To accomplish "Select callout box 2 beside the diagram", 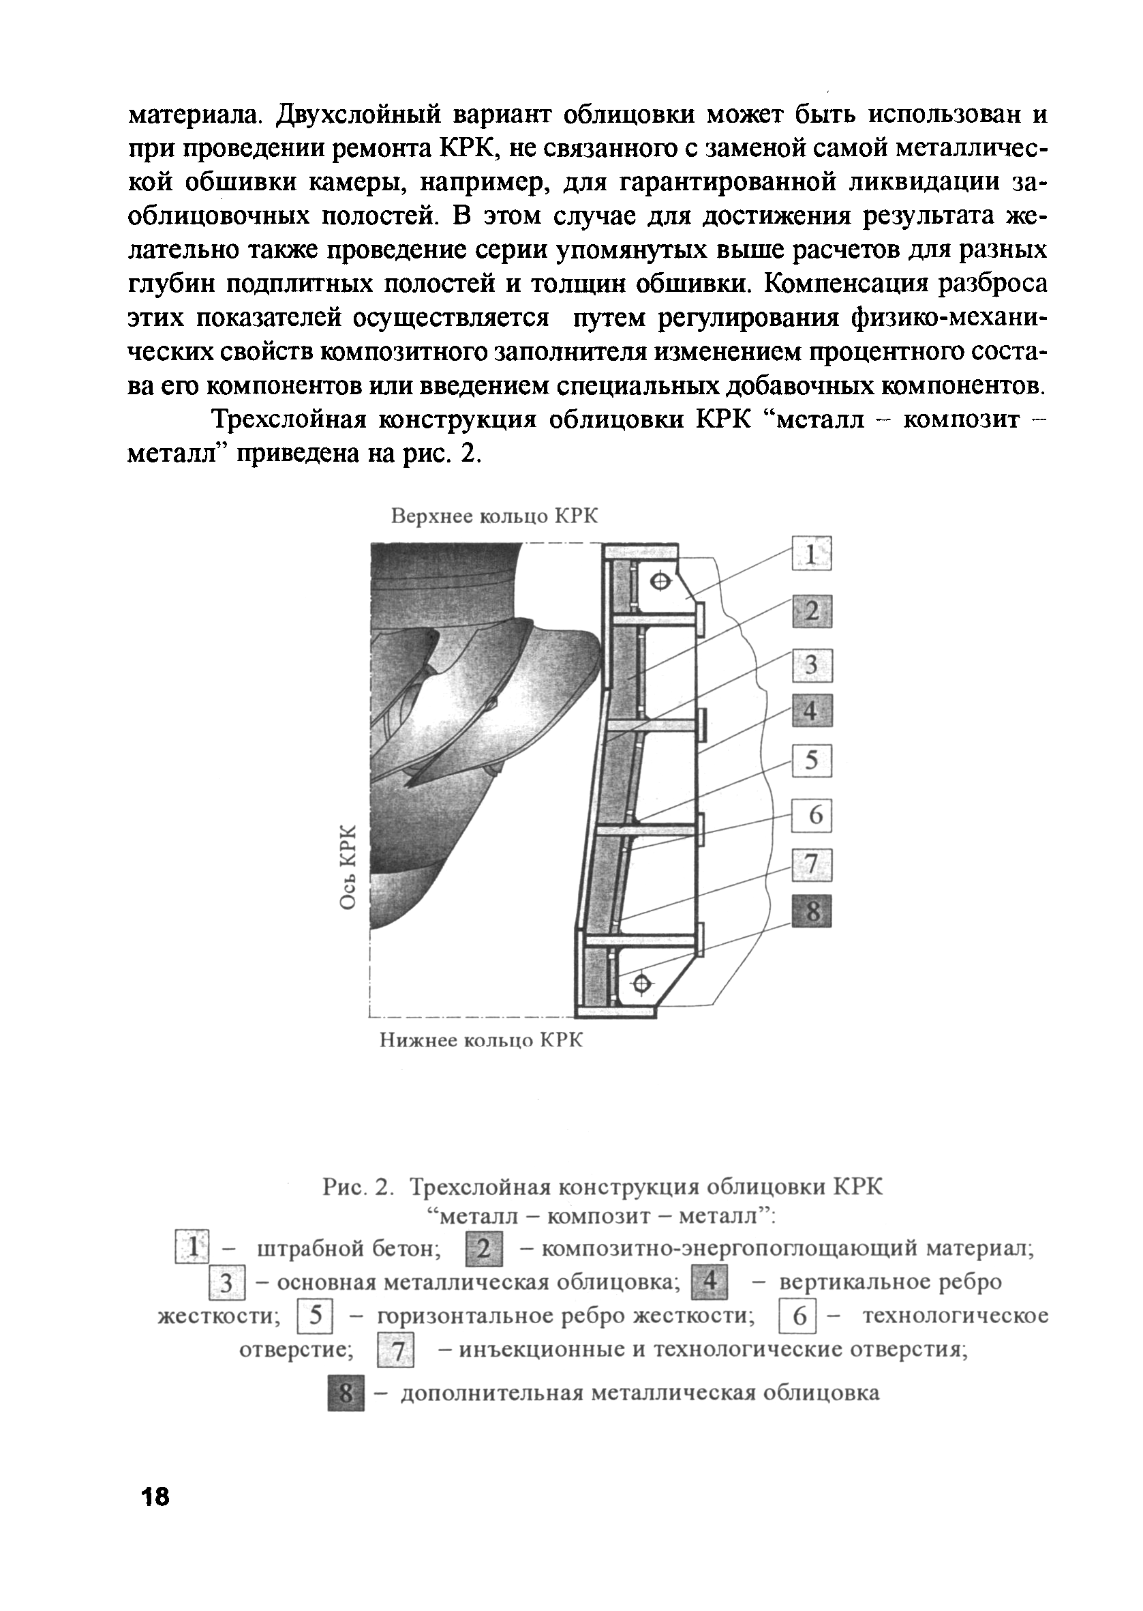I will coord(812,610).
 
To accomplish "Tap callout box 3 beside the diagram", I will coord(812,666).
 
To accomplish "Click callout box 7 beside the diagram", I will coord(812,865).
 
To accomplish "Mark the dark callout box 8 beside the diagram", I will coord(812,911).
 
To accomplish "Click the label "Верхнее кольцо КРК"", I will coord(494,517).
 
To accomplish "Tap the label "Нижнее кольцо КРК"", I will coord(481,1040).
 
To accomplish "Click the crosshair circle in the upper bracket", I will coord(660,581).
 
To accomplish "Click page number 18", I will coord(155,1516).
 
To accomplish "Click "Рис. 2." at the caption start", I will coord(356,1187).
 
